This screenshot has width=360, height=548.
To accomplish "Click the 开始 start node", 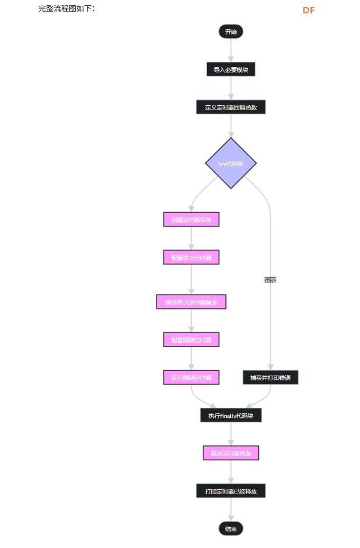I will point(231,32).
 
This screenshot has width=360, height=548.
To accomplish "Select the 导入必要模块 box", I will point(231,69).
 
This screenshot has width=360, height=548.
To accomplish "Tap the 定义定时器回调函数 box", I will point(231,107).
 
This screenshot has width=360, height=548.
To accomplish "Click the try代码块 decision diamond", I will point(231,163).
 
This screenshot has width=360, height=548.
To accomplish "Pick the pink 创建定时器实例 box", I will point(191,219).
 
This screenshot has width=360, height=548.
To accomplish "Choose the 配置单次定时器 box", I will point(191,258).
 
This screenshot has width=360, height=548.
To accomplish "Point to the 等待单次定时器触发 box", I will point(191,302).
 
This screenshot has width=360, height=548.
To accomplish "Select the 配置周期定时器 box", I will point(191,340).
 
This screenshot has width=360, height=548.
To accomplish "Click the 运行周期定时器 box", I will point(191,378).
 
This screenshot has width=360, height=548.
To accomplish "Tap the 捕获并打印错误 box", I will point(271,378).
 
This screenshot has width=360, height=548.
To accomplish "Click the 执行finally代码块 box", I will point(231,416).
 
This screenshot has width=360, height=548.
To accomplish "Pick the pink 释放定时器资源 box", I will point(231,453).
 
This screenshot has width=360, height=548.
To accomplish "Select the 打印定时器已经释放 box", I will point(231,491).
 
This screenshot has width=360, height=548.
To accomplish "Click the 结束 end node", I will point(231,529).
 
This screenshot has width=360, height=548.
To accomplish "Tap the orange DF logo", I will point(309,10).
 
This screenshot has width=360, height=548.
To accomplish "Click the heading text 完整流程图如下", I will point(67,8).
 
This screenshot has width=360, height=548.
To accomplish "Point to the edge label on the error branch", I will point(271,279).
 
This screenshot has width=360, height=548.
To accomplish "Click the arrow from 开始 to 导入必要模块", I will point(231,50).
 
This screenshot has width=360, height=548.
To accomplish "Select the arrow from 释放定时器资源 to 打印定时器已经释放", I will point(231,472).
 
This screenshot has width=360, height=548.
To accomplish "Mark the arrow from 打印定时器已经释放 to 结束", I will point(231,510).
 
